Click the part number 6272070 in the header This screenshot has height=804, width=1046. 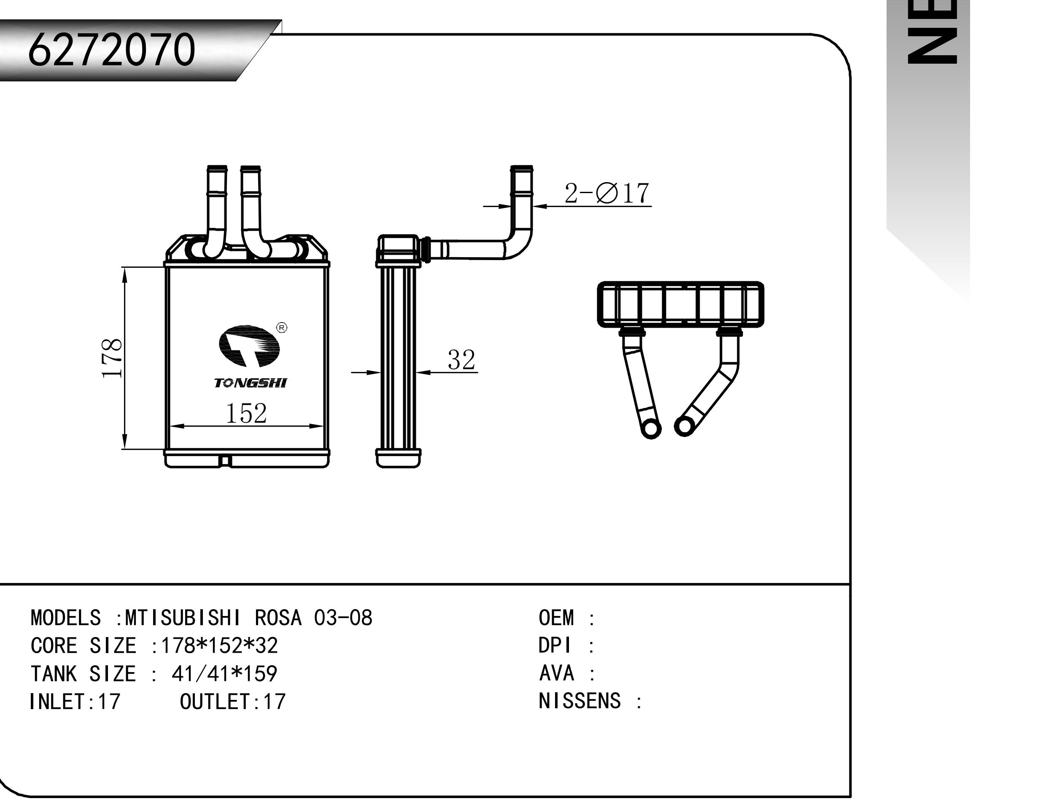tap(111, 49)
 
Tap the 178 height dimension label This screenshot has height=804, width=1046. tap(112, 358)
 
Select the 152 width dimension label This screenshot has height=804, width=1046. tap(246, 413)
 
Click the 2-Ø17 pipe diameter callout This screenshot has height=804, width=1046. tap(607, 194)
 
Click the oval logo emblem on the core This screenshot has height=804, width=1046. tap(249, 346)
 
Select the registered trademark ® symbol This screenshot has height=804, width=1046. tap(282, 328)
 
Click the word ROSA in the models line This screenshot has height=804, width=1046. tap(278, 618)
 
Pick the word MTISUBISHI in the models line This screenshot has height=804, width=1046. tap(183, 618)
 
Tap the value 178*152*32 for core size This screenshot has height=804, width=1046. tap(220, 645)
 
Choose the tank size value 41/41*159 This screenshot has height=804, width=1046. tap(224, 674)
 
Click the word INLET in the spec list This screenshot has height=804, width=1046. tap(58, 702)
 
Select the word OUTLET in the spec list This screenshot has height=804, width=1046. tap(216, 702)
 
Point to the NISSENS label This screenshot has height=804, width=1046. tap(579, 701)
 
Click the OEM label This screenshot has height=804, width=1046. tap(556, 618)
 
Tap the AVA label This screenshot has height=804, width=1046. tap(556, 673)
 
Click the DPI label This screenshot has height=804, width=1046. tap(555, 645)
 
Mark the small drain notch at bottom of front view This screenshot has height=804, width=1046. tap(224, 461)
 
